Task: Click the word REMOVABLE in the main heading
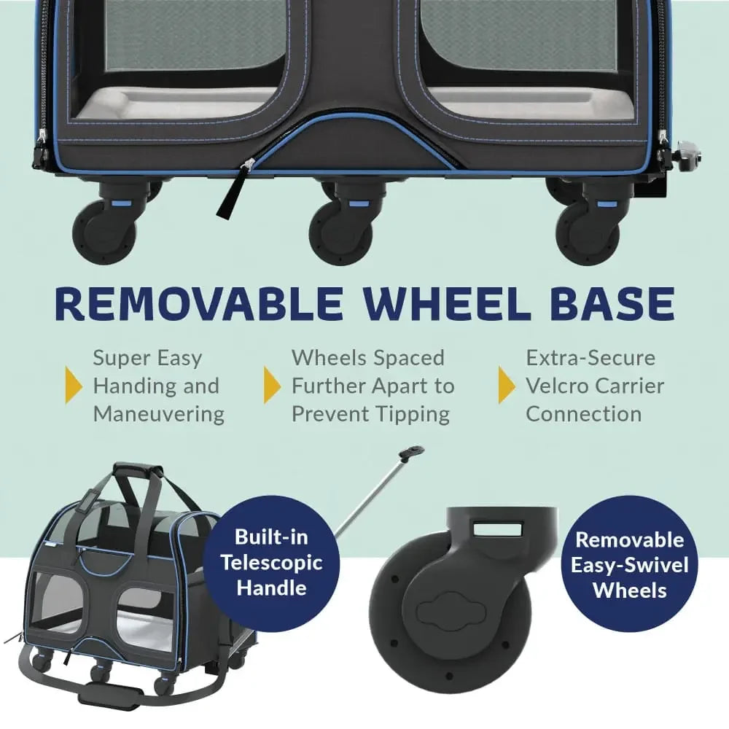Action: pos(199,303)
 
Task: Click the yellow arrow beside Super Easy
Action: pos(74,385)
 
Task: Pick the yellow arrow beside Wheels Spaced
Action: pos(272,385)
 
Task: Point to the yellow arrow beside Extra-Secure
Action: pos(507,385)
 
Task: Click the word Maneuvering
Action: pos(158,414)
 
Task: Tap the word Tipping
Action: pos(413,414)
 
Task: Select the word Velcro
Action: pos(556,386)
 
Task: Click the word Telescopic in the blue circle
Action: pos(271,563)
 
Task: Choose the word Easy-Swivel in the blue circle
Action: pos(630,566)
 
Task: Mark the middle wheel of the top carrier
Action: pos(341,233)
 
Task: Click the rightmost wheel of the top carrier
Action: pos(588,233)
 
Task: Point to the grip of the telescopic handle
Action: pos(410,453)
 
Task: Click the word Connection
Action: pos(584,414)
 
